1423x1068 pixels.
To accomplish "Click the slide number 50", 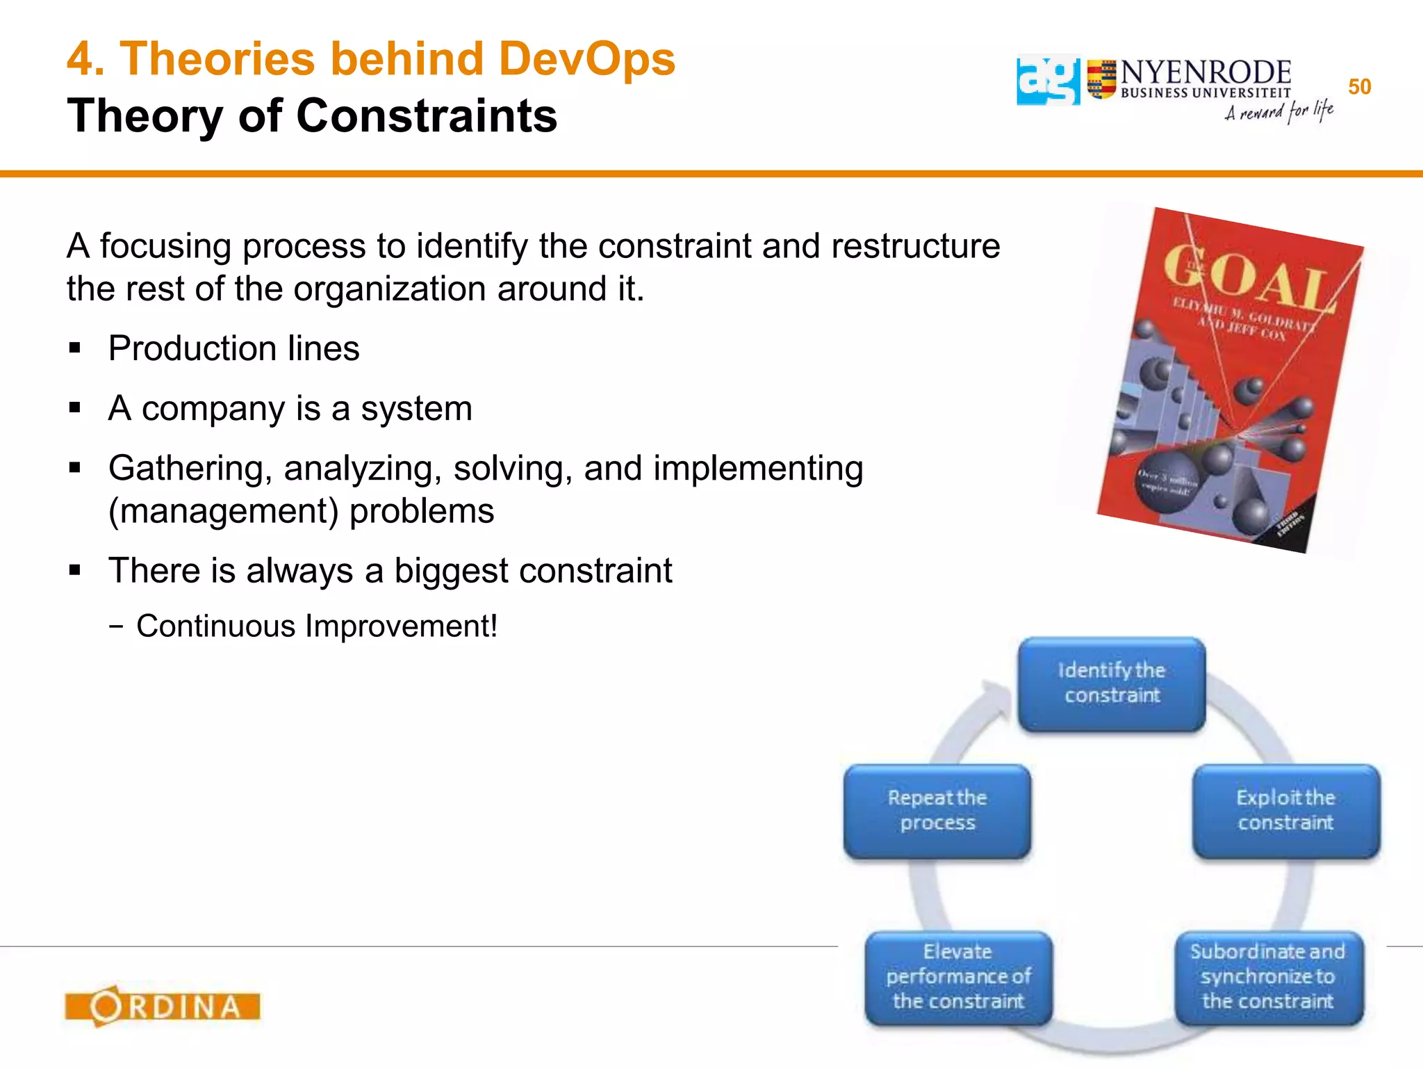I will click(x=1359, y=87).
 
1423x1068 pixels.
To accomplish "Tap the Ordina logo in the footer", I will click(x=163, y=1006).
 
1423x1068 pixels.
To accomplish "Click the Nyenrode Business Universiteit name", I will click(x=1206, y=79).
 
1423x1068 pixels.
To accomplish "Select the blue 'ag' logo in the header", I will click(x=1048, y=81).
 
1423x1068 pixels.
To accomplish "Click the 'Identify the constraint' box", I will click(x=1112, y=683).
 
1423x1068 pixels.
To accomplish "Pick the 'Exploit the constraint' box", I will click(x=1285, y=811).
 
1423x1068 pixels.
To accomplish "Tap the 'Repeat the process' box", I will click(x=937, y=811).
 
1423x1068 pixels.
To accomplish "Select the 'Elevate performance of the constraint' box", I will click(x=958, y=977).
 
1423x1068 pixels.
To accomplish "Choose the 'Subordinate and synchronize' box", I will click(x=1268, y=977).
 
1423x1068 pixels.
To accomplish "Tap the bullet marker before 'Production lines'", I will click(x=75, y=348).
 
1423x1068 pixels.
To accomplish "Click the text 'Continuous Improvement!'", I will click(x=317, y=626).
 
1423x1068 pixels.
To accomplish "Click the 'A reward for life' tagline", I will click(x=1278, y=111).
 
